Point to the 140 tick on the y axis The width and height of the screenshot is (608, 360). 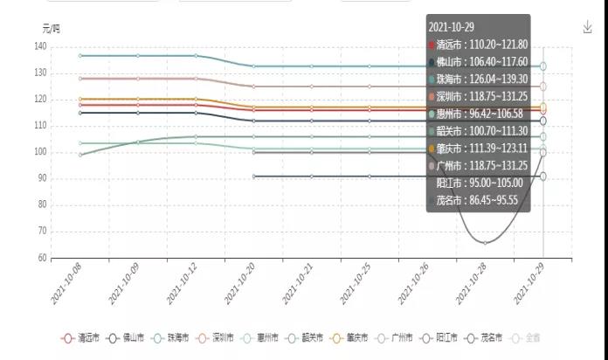40,46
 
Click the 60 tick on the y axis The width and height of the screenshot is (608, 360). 42,259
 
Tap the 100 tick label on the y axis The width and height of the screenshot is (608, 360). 40,152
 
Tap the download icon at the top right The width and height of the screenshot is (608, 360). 588,28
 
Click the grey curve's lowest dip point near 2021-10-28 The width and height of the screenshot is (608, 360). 486,243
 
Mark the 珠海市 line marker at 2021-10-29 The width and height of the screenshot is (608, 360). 543,66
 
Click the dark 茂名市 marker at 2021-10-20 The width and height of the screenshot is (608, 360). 253,177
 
